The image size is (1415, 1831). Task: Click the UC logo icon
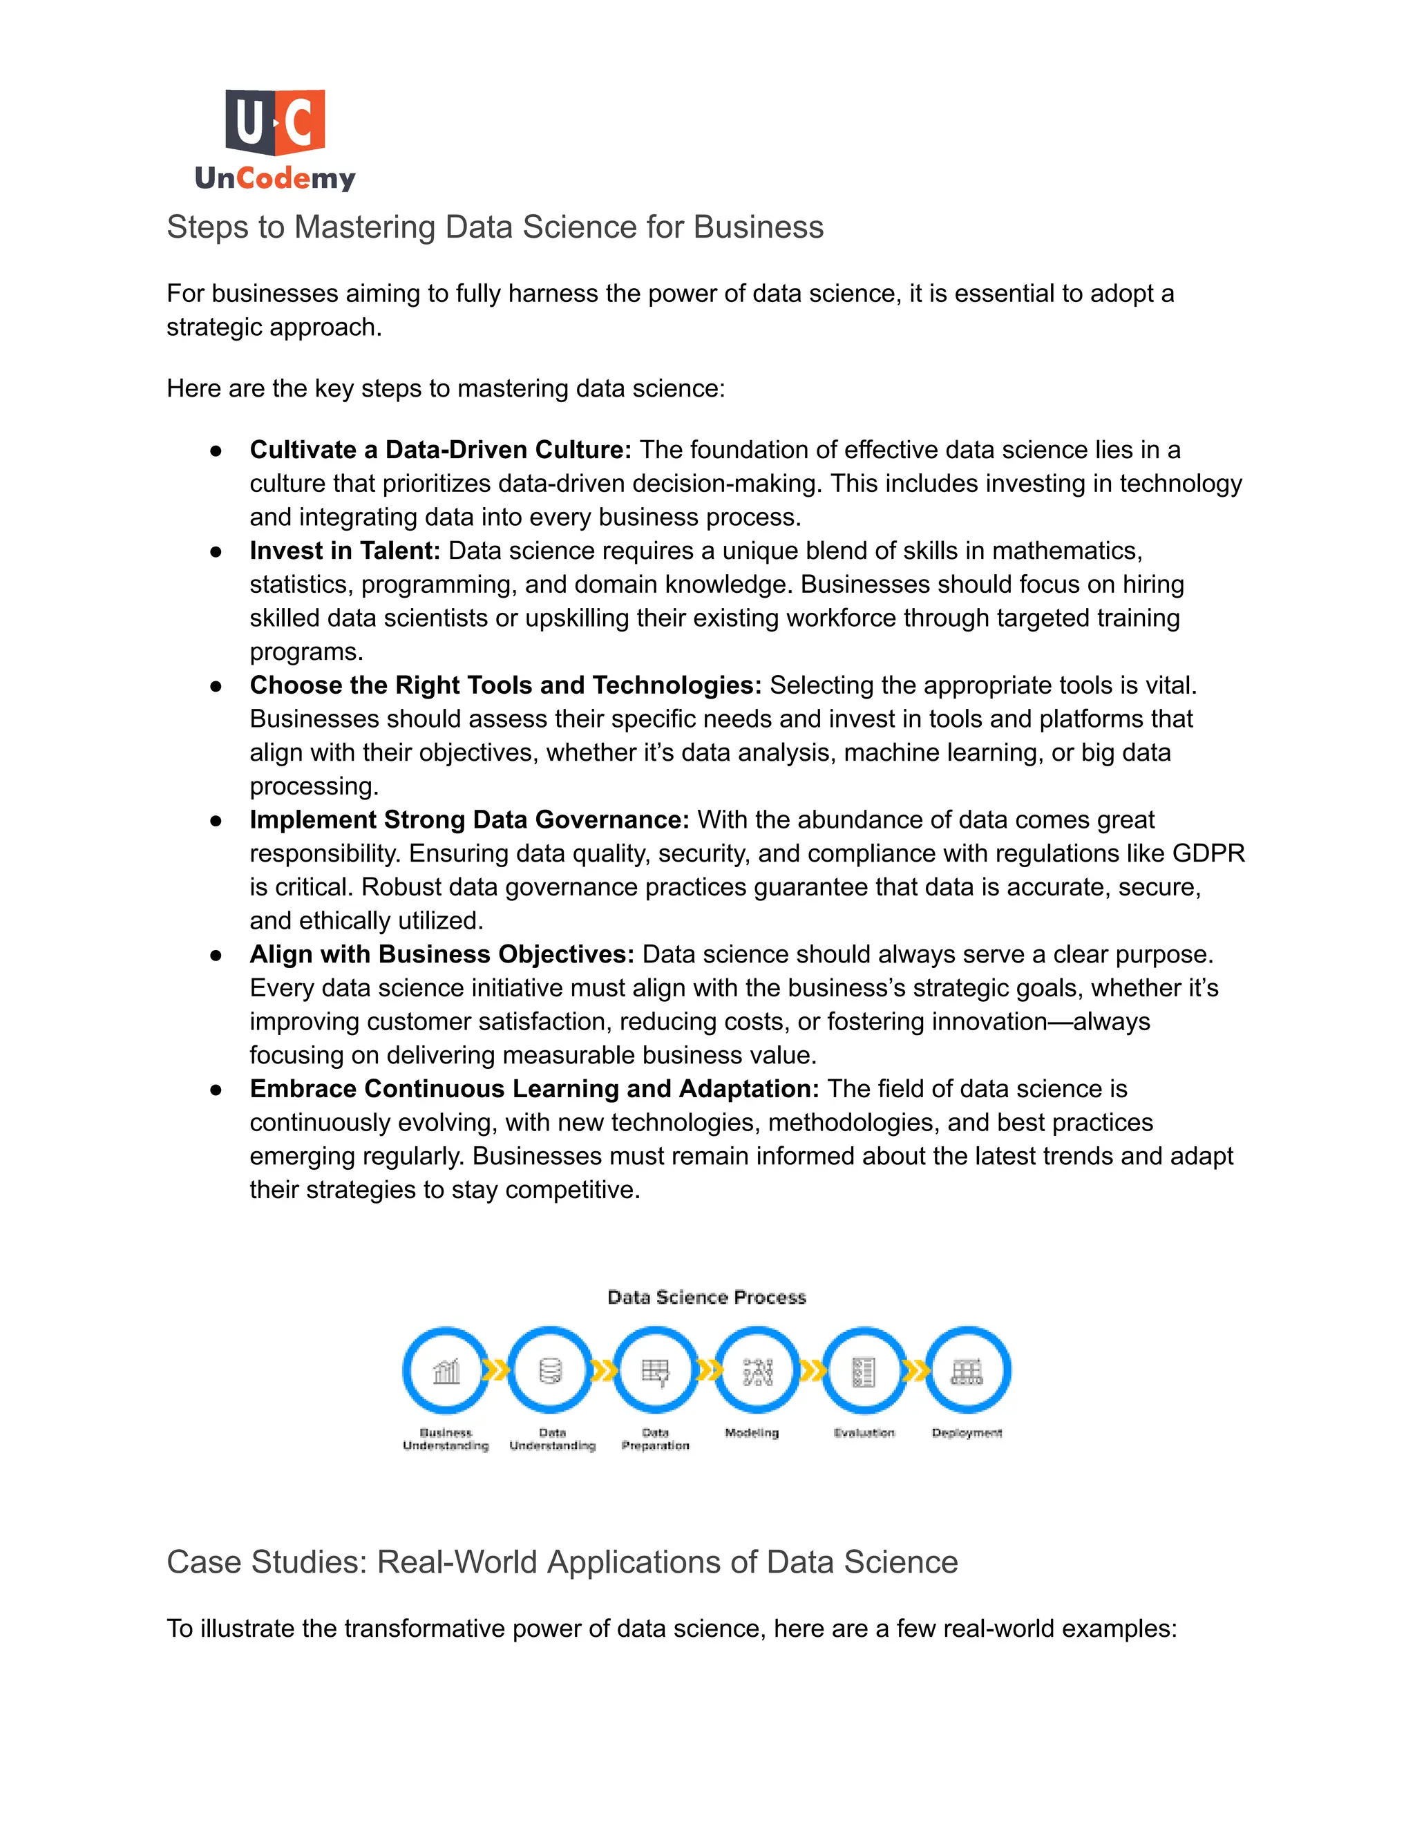click(x=275, y=122)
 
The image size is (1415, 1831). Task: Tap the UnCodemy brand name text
click(x=275, y=178)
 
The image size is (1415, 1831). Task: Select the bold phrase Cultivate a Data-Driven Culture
click(x=440, y=450)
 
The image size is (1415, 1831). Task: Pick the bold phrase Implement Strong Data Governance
click(x=468, y=820)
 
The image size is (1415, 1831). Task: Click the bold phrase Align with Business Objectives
click(x=441, y=954)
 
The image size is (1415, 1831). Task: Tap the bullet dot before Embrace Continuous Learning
click(x=216, y=1090)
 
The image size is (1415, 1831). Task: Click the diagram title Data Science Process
click(x=707, y=1298)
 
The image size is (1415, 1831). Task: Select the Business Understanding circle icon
click(x=446, y=1371)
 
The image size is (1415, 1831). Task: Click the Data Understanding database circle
click(x=551, y=1371)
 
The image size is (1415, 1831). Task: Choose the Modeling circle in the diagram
click(x=757, y=1371)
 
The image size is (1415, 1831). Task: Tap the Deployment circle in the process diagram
click(x=967, y=1371)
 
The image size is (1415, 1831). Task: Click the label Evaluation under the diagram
click(x=864, y=1433)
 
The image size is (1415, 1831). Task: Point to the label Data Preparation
click(x=656, y=1439)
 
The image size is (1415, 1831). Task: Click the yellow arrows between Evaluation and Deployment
click(x=915, y=1371)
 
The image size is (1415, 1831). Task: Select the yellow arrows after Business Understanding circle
click(x=497, y=1371)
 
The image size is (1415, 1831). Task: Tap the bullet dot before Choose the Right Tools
click(x=216, y=687)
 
